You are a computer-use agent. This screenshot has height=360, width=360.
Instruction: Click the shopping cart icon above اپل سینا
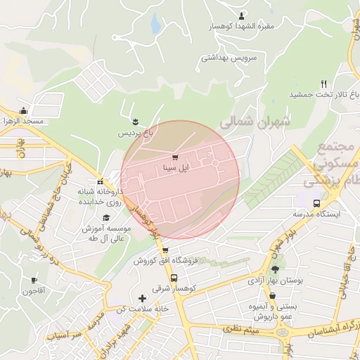174,157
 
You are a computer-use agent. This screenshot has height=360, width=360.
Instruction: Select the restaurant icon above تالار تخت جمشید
323,83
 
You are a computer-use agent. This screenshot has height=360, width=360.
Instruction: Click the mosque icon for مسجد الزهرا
24,110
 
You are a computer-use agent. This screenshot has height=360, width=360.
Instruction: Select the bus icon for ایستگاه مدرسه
316,202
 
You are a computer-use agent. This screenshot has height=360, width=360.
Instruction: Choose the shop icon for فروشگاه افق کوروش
165,250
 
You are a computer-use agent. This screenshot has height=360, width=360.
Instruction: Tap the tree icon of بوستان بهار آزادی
275,269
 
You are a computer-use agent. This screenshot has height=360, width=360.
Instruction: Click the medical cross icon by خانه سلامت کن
143,297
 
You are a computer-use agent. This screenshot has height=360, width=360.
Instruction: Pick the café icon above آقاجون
34,280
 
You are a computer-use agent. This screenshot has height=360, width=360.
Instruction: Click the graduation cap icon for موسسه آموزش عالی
106,218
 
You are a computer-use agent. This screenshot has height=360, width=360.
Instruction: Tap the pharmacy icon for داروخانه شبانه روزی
100,181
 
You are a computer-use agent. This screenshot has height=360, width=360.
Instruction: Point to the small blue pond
154,25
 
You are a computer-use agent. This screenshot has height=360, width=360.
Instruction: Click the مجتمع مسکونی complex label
334,164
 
